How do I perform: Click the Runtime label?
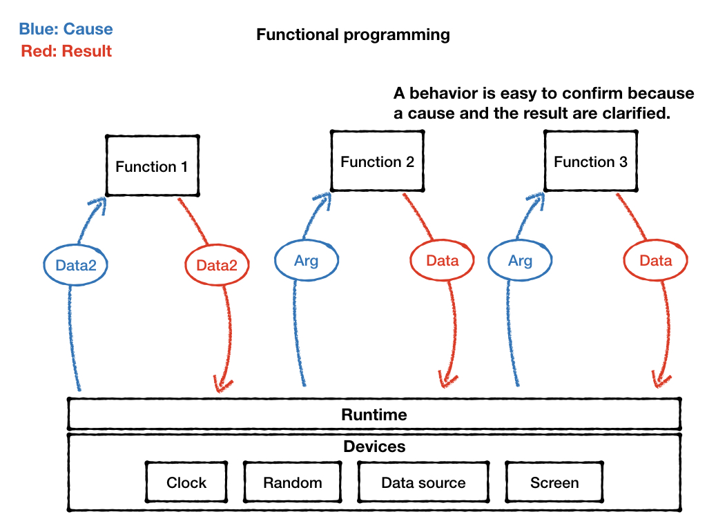[374, 415]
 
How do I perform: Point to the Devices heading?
[374, 446]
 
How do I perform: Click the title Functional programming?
[353, 35]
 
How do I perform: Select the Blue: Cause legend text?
[66, 29]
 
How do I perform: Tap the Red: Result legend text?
[66, 51]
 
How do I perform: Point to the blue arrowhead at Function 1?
[97, 205]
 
